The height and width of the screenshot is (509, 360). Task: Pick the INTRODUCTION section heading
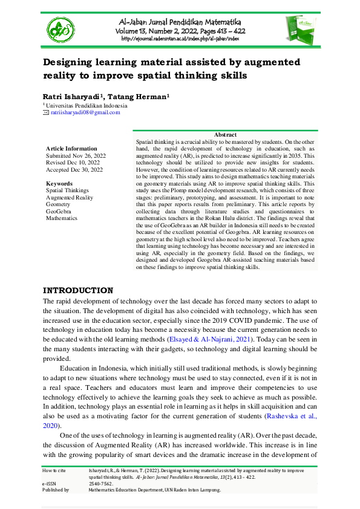[77, 290]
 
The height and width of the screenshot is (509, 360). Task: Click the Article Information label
[71, 148]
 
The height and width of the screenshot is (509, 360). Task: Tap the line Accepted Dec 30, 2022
[74, 170]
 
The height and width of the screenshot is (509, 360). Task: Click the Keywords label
[59, 183]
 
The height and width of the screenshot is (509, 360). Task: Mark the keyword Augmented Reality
[70, 197]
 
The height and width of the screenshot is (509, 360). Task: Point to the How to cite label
[57, 470]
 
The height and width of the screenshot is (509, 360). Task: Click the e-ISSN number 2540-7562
[100, 484]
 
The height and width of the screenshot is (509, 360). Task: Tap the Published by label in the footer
[56, 490]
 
